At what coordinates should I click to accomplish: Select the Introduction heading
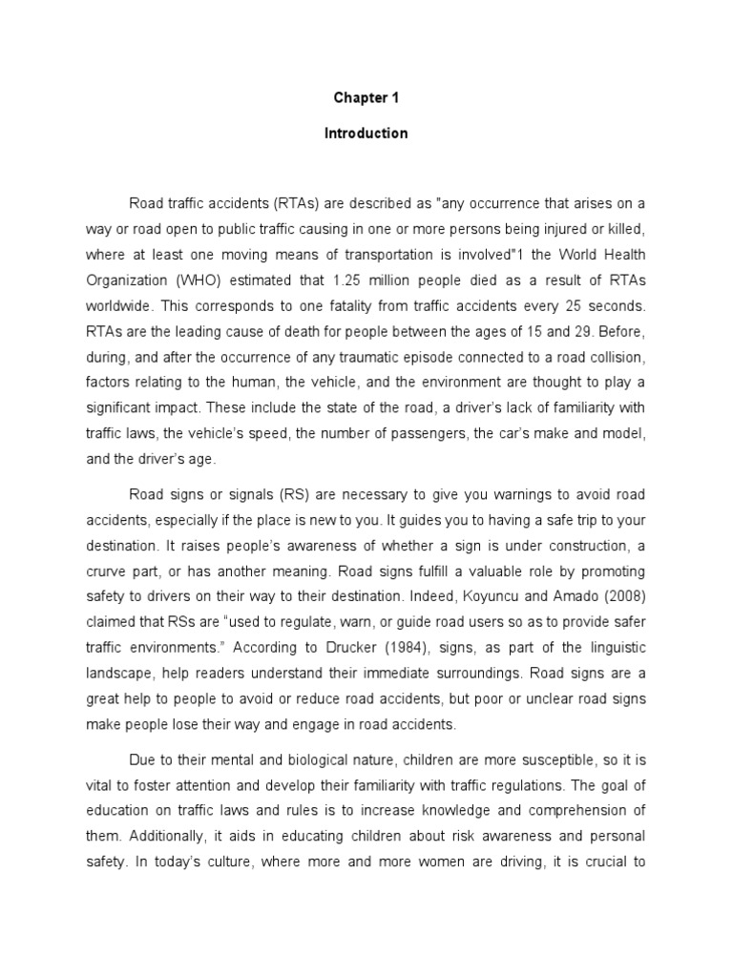[366, 134]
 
